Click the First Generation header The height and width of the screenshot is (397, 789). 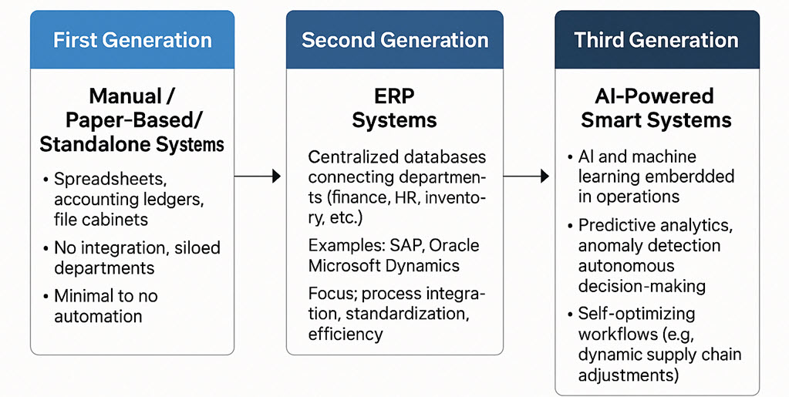coord(132,40)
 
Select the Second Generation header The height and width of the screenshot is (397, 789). coord(394,40)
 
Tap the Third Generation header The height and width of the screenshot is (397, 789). coord(656,40)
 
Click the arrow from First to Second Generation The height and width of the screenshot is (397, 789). coord(258,177)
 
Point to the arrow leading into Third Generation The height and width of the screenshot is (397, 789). coord(527,177)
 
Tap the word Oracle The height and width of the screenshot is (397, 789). coord(454,246)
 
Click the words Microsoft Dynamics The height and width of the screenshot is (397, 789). coord(383,266)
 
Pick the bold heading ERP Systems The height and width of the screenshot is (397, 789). coord(394,109)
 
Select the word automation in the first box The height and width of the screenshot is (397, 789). coord(98,316)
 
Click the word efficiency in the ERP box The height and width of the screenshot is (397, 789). coord(345,334)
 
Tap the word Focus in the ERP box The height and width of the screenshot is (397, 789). coord(332,294)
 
